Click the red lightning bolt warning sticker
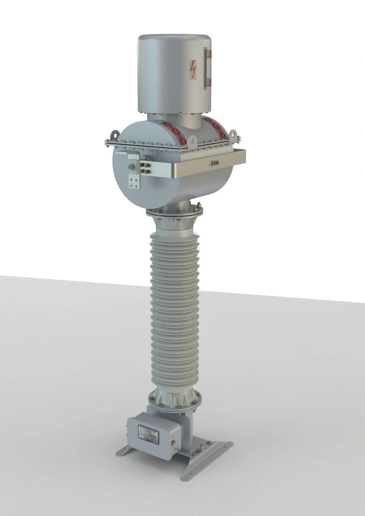tap(193, 69)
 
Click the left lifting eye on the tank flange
tap(115, 135)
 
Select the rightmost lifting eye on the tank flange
tap(233, 134)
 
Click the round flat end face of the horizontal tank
tap(130, 174)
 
